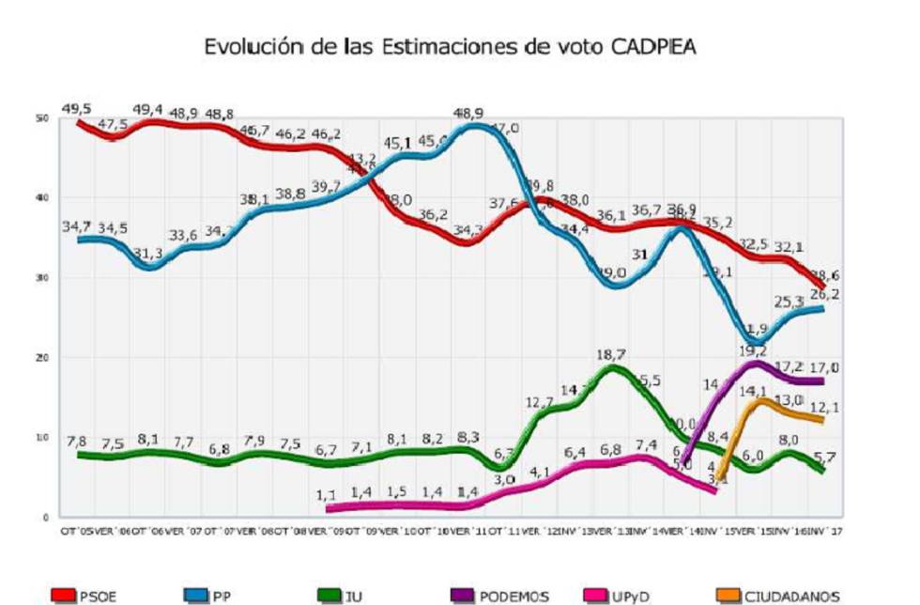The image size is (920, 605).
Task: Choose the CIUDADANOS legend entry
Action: point(780,596)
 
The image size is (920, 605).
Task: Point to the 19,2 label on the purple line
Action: point(754,350)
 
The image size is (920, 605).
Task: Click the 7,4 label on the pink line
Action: point(644,444)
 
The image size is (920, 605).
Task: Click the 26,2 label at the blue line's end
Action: point(831,293)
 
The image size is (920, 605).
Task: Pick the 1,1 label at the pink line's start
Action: point(327,494)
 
